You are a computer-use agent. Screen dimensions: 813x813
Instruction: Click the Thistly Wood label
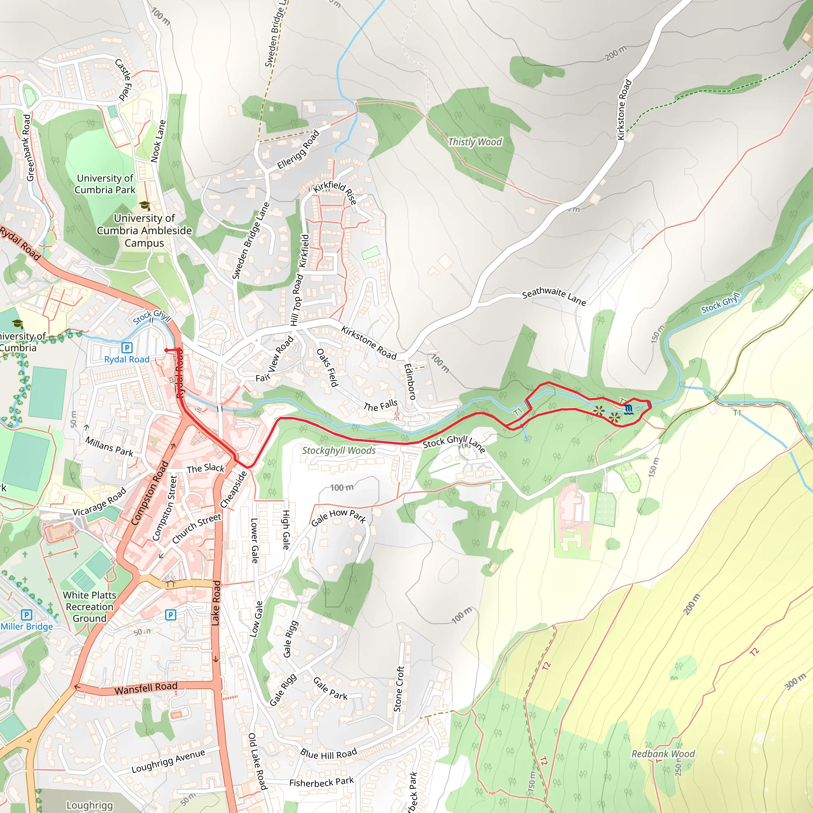(x=475, y=142)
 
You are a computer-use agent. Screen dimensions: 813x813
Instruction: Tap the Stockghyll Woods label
(x=339, y=450)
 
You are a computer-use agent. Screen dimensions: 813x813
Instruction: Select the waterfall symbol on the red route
(x=628, y=409)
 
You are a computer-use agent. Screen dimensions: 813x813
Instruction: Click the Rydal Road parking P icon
(x=127, y=348)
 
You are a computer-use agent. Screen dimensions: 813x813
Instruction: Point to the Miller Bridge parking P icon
(x=27, y=615)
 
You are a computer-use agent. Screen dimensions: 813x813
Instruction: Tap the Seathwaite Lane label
(x=554, y=296)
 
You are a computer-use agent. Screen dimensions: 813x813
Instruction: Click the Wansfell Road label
(x=146, y=688)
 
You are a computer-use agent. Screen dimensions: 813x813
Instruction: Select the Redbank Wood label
(x=663, y=754)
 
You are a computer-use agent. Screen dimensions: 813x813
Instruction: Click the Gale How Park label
(x=339, y=517)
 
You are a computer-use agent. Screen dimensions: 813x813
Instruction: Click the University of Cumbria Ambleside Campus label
(x=144, y=230)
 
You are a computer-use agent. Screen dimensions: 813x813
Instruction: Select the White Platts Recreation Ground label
(x=89, y=607)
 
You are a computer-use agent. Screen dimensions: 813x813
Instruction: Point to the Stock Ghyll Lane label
(x=454, y=443)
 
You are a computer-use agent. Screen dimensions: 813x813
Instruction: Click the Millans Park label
(x=109, y=447)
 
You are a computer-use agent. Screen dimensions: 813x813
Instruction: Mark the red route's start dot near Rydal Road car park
(x=166, y=350)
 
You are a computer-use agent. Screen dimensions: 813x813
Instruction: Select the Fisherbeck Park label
(x=322, y=782)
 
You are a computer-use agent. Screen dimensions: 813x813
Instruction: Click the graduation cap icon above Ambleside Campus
(x=144, y=205)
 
